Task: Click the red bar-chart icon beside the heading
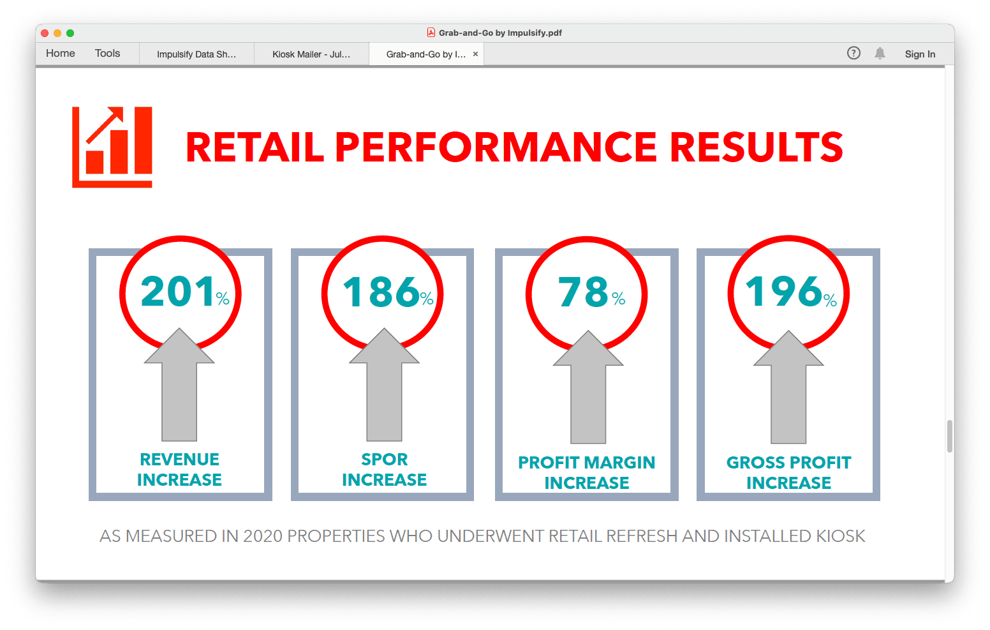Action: [x=112, y=147]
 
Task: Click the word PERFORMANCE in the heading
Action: [x=496, y=147]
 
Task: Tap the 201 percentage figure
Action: [x=178, y=292]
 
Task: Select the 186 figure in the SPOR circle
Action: [x=381, y=292]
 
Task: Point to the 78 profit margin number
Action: [x=584, y=292]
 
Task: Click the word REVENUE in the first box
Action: [x=179, y=460]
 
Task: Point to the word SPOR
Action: [x=384, y=460]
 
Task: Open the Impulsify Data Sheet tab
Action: [x=196, y=54]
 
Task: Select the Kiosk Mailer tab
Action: [x=311, y=54]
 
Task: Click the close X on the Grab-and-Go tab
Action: [x=475, y=54]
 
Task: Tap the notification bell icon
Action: [x=880, y=54]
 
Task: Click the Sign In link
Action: [x=920, y=54]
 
